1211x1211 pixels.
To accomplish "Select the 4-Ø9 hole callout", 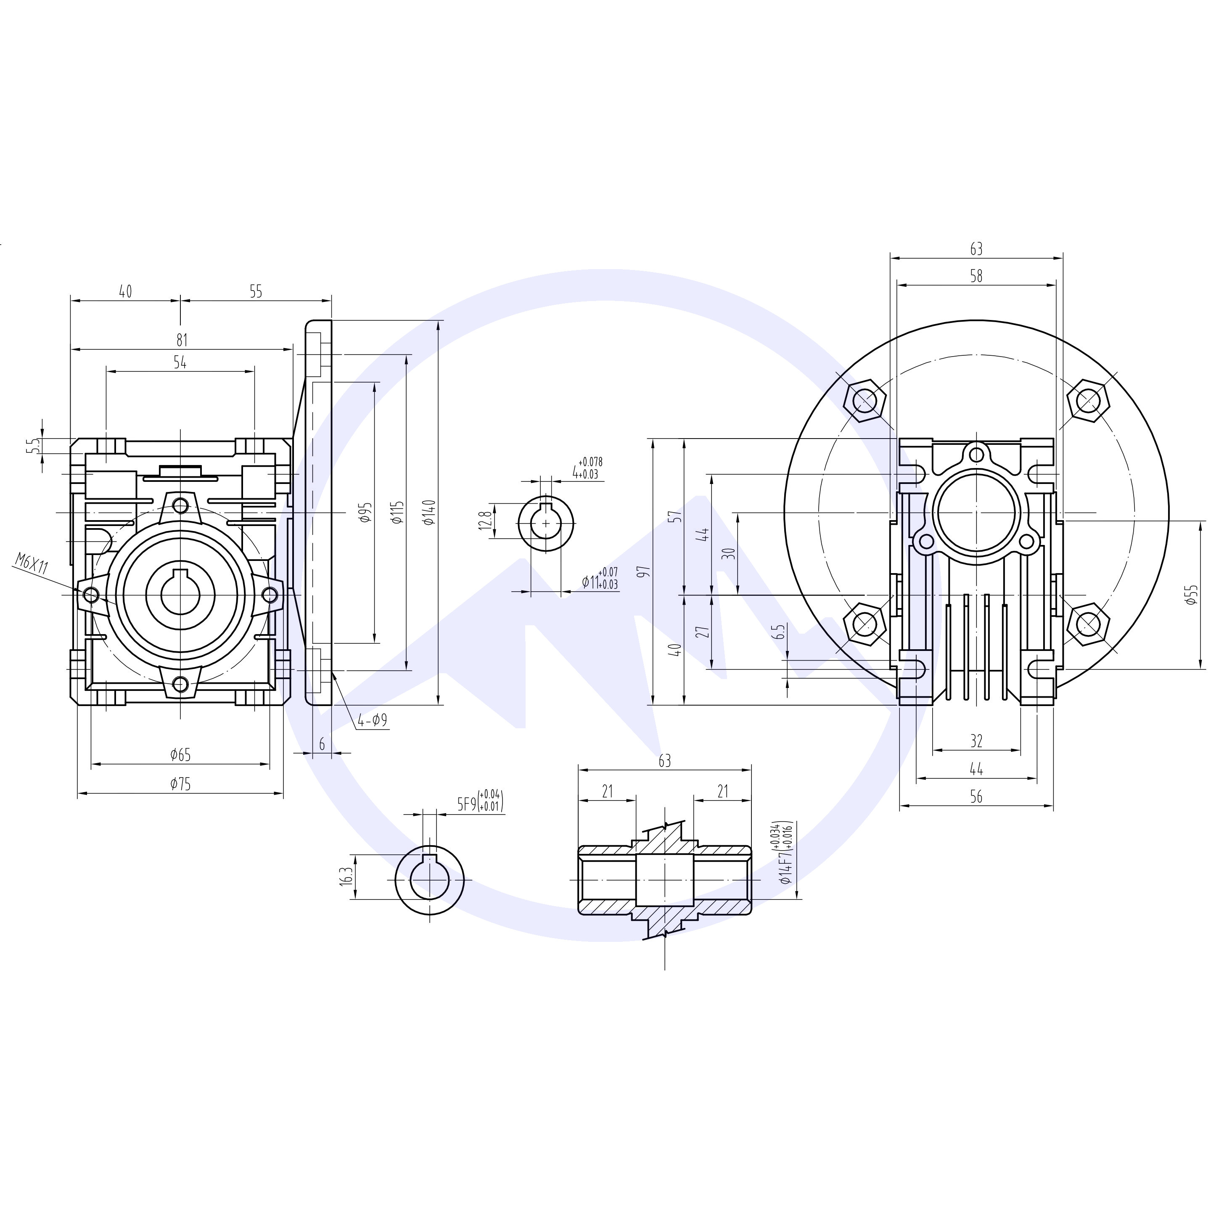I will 372,721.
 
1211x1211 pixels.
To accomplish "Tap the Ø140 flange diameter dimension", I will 429,512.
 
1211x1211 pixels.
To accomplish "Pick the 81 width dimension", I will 181,340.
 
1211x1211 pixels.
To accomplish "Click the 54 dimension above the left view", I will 180,362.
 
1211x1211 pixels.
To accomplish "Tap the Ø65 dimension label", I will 180,755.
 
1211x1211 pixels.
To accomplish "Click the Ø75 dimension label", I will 180,783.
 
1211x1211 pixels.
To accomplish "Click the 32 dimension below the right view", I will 976,741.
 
